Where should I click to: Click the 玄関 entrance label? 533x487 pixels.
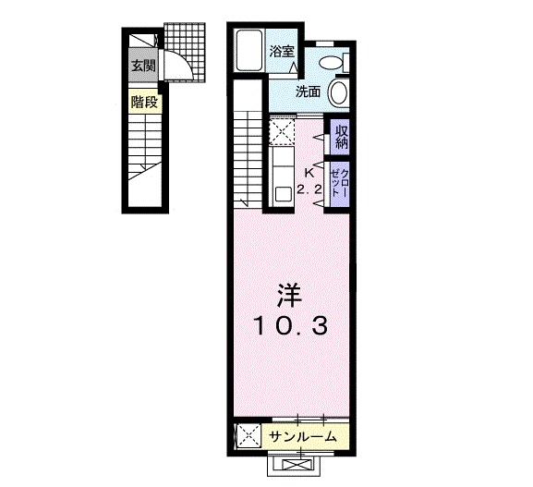point(143,66)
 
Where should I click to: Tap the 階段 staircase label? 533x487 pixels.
point(144,102)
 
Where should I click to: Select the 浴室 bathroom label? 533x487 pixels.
point(282,52)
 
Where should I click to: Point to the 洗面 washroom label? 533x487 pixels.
point(309,91)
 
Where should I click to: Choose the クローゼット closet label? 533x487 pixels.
point(340,183)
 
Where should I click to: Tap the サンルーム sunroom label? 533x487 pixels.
point(303,437)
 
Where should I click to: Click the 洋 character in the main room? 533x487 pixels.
point(290,295)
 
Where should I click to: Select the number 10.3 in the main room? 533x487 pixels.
point(291,325)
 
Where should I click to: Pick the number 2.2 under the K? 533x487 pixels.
point(309,189)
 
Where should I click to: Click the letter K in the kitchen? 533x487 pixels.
point(309,173)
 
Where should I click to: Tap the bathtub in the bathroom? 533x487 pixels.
point(249,51)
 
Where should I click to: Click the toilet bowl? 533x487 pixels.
point(331,62)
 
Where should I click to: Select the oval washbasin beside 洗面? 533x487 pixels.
point(338,92)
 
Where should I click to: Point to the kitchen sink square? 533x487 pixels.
point(283,194)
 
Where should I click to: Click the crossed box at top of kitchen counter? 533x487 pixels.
point(282,131)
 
